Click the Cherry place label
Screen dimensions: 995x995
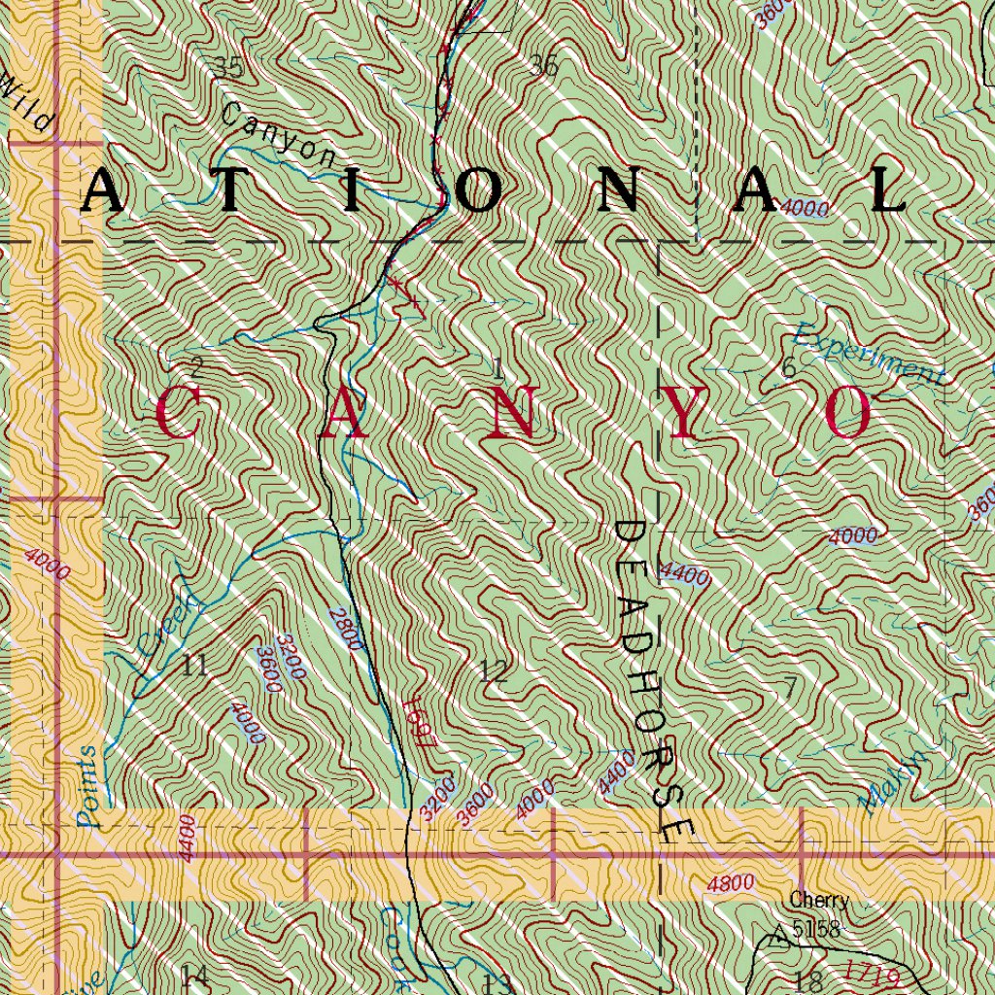pos(818,901)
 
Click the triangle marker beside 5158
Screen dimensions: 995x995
pos(778,938)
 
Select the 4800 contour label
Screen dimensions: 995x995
pos(731,884)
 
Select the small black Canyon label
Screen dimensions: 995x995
pos(277,135)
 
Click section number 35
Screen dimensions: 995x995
pos(228,67)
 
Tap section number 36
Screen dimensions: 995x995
pos(543,66)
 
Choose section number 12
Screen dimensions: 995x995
pos(494,670)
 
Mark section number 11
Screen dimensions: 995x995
pos(194,667)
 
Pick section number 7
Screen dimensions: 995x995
pos(790,687)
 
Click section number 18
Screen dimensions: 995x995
pos(808,978)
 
